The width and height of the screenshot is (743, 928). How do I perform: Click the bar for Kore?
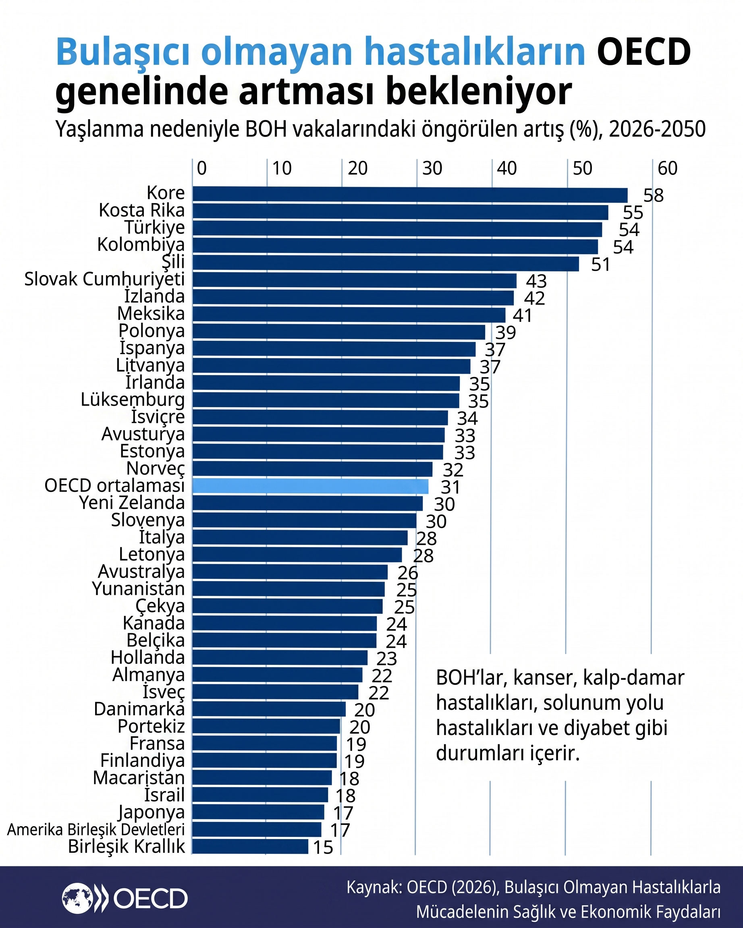pos(410,195)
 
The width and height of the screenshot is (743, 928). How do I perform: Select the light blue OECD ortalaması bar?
pos(310,487)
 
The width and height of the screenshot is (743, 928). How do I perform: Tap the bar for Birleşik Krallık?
pos(250,846)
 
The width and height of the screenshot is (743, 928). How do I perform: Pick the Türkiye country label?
pos(155,228)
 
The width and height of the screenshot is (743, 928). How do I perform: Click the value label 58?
pos(654,195)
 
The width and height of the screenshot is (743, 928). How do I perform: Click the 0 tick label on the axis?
pos(201,168)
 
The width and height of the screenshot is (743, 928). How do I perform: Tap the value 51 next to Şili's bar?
pos(600,264)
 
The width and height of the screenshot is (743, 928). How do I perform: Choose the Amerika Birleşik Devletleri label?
pos(96,829)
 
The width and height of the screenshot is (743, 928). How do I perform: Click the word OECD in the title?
pos(643,52)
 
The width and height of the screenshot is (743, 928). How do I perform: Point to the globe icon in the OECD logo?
pos(77,898)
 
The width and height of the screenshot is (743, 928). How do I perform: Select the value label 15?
pos(323,847)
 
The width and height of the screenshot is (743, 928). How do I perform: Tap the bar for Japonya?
pos(258,812)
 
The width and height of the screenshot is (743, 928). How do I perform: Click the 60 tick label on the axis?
pos(667,168)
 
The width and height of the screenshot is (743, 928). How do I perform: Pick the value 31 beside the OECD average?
pos(451,487)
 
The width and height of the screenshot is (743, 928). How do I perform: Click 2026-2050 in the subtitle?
pos(657,129)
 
